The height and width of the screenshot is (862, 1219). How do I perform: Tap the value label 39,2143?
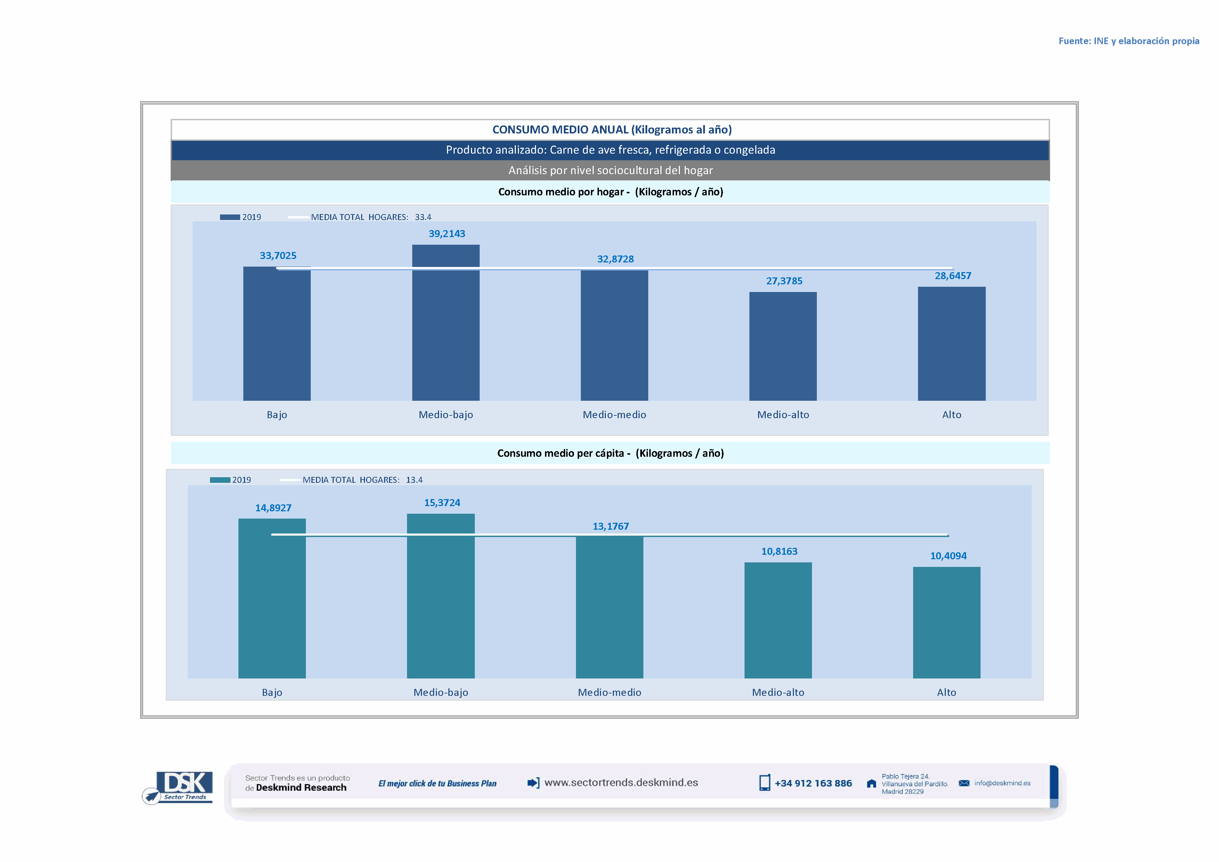coord(447,234)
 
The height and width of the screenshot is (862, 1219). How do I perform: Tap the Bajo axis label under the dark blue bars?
coord(277,415)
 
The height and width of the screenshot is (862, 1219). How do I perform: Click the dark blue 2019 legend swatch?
coord(230,217)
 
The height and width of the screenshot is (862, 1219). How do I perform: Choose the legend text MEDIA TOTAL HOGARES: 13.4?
coord(362,480)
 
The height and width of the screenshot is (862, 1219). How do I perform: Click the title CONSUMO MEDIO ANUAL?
coord(612,130)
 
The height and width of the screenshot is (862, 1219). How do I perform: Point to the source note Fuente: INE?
coord(1128,41)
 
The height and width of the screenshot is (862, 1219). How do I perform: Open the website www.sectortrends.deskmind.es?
coord(621,782)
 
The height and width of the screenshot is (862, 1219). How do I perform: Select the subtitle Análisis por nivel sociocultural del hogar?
coord(610,170)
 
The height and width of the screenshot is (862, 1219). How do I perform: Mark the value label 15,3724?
coord(442,503)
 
